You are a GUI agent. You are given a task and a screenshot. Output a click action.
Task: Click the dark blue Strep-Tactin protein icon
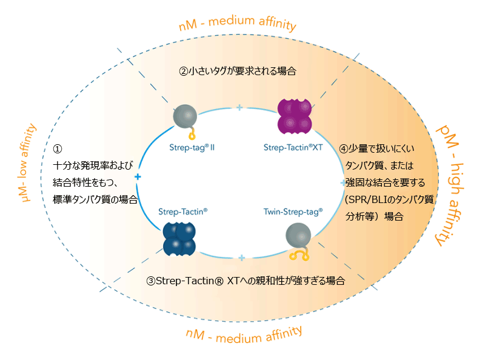179,238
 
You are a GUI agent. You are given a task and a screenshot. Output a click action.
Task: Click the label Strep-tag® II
189,147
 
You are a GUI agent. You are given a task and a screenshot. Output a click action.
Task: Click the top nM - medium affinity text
238,24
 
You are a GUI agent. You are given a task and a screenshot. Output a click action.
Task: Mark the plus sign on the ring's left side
138,177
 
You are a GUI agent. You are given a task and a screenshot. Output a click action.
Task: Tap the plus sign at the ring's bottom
241,258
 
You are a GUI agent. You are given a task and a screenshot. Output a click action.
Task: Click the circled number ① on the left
58,148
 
